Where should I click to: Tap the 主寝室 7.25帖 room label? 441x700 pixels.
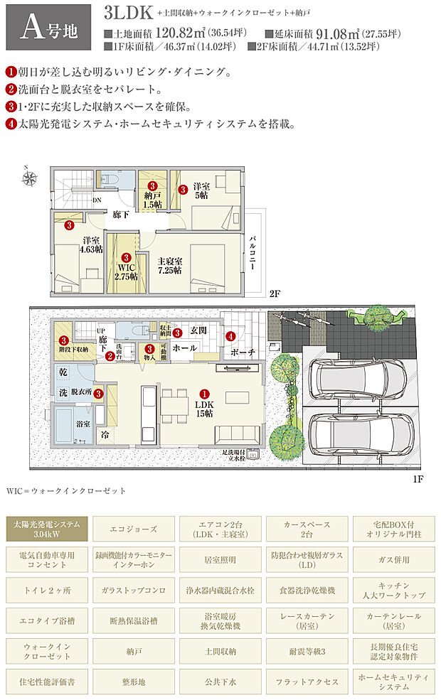169,266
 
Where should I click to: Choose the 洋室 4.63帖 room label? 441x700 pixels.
91,245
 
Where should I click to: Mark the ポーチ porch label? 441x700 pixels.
243,352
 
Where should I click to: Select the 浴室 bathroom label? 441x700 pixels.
83,424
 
